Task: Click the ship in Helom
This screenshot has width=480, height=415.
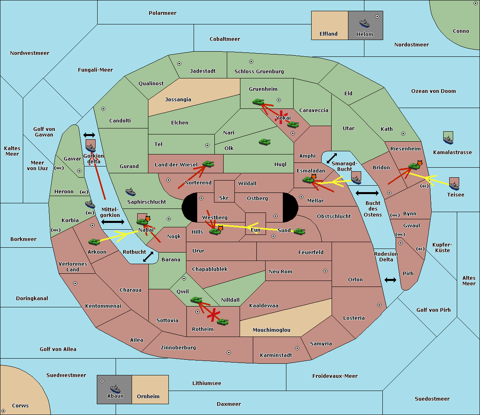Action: pyautogui.click(x=364, y=23)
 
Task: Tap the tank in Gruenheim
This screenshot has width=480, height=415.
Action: pyautogui.click(x=258, y=102)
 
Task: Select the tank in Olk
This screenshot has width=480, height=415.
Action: pyautogui.click(x=264, y=142)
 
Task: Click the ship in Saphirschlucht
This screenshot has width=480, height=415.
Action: pyautogui.click(x=130, y=192)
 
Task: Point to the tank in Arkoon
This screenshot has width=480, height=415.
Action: pyautogui.click(x=94, y=242)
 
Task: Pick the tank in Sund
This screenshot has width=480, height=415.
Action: pyautogui.click(x=299, y=231)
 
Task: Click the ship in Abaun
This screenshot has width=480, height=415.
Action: pyautogui.click(x=115, y=389)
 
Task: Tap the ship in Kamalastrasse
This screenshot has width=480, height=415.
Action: pyautogui.click(x=448, y=140)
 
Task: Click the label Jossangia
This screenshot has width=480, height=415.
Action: pyautogui.click(x=178, y=100)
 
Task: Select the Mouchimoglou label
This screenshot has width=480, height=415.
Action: pyautogui.click(x=272, y=330)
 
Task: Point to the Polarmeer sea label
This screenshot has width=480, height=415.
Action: pyautogui.click(x=162, y=13)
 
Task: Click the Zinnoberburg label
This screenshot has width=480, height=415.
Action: pyautogui.click(x=178, y=348)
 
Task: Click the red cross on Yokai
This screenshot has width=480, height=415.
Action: pyautogui.click(x=281, y=117)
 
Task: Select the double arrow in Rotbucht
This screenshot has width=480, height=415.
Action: pyautogui.click(x=148, y=257)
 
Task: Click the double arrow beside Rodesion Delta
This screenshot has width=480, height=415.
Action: pyautogui.click(x=390, y=280)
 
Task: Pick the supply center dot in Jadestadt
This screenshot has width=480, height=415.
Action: pyautogui.click(x=179, y=64)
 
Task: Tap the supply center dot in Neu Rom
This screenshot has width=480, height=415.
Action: pyautogui.click(x=325, y=271)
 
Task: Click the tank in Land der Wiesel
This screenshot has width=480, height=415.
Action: pyautogui.click(x=208, y=164)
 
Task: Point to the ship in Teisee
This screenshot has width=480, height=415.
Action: pyautogui.click(x=454, y=186)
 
